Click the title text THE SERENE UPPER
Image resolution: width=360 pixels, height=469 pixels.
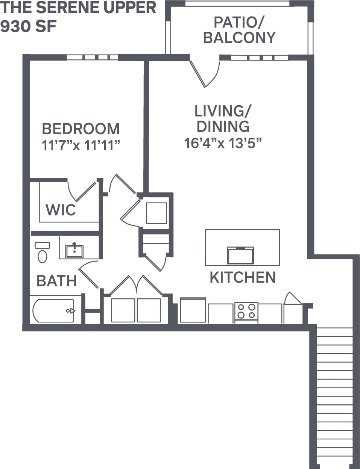[x=78, y=8]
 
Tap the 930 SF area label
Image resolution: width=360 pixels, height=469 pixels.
[x=29, y=27]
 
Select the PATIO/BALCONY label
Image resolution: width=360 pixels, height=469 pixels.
[x=239, y=30]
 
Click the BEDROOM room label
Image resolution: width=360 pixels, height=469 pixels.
[x=81, y=129]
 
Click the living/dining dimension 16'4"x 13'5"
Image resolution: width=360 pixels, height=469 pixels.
[x=223, y=143]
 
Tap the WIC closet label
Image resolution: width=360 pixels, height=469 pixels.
[x=61, y=210]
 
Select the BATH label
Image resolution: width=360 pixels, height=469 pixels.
[x=56, y=281]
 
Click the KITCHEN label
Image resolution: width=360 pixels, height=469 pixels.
[x=243, y=277]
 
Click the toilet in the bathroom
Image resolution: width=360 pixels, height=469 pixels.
[x=42, y=253]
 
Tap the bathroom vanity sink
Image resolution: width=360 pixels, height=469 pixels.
[x=74, y=251]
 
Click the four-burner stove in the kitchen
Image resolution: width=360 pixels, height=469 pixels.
[x=246, y=312]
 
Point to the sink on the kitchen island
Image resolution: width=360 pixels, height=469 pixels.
[x=240, y=255]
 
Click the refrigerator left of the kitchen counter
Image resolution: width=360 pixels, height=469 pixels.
[x=193, y=310]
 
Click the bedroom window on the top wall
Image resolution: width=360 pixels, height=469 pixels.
[x=93, y=57]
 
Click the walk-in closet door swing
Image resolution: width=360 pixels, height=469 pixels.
[x=82, y=191]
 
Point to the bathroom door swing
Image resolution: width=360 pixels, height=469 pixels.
[x=88, y=274]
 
